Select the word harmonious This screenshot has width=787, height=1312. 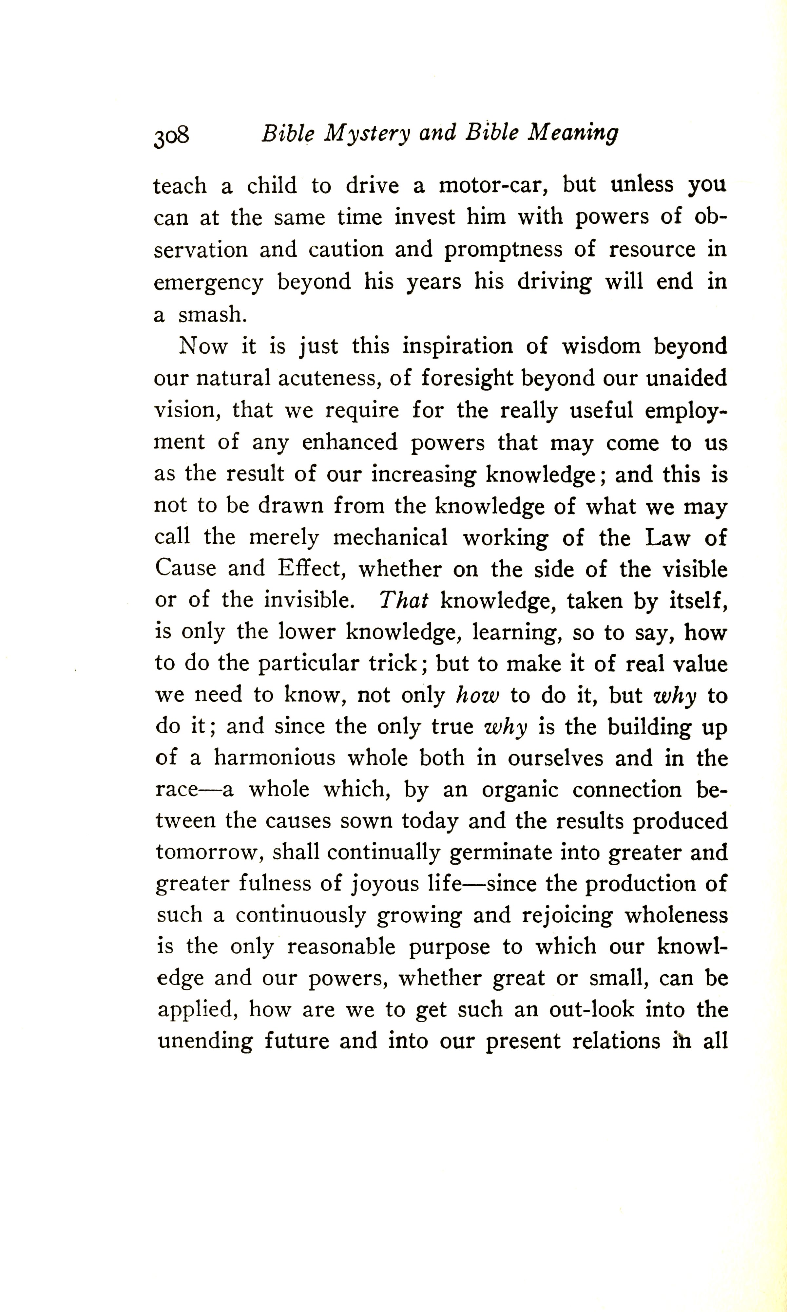[275, 759]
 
